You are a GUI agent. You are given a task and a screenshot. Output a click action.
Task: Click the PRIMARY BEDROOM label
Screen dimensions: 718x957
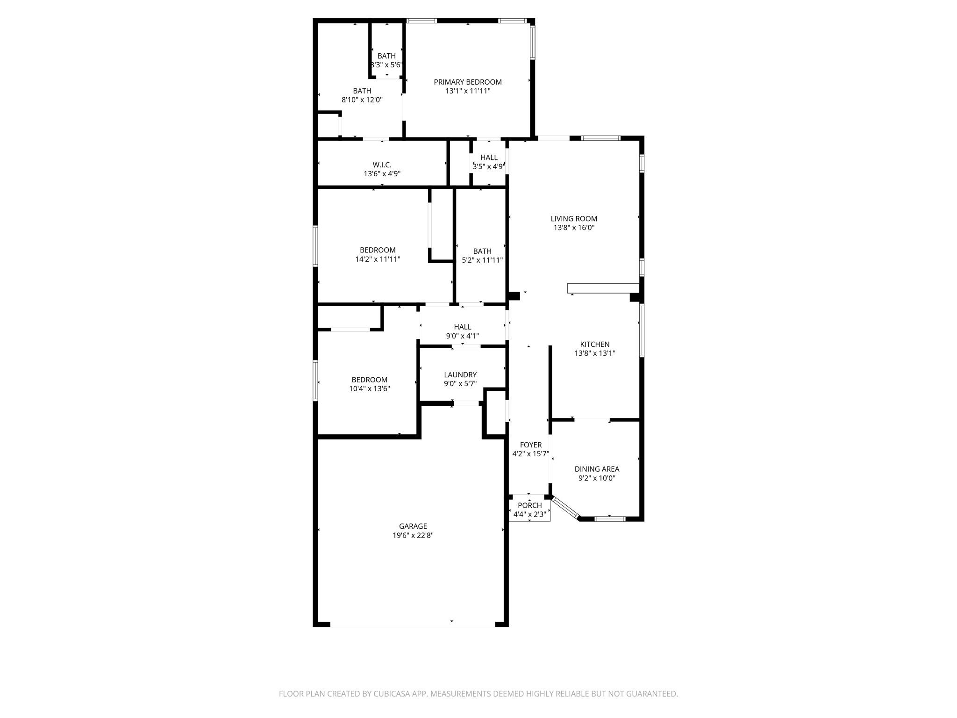click(x=467, y=82)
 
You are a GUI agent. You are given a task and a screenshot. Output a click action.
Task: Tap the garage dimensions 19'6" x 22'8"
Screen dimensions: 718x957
click(x=413, y=536)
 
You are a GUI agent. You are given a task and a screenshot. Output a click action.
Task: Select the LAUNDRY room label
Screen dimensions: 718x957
click(x=460, y=375)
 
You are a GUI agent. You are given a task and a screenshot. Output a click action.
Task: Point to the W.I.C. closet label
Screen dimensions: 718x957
click(x=382, y=165)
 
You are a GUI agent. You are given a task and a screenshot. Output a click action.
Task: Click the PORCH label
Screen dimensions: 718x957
click(x=529, y=505)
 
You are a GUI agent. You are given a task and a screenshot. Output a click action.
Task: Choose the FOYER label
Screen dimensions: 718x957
click(x=530, y=445)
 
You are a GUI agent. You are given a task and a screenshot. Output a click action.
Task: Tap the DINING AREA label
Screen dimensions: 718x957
click(x=597, y=469)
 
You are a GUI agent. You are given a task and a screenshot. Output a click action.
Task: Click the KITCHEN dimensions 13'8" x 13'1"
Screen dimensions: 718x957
click(x=594, y=354)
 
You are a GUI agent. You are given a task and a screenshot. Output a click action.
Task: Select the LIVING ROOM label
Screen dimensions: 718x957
click(x=573, y=219)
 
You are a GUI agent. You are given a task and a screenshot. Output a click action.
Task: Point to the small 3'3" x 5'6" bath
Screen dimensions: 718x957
click(x=386, y=60)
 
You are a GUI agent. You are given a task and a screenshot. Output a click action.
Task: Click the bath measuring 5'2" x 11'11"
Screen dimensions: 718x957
click(x=482, y=256)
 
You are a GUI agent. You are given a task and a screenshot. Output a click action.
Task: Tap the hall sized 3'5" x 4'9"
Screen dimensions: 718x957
click(x=488, y=162)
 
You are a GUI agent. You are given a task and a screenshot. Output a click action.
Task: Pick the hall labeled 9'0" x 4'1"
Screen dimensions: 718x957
click(x=462, y=331)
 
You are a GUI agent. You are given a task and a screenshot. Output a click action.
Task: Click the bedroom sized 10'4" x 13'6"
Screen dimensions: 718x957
click(x=369, y=384)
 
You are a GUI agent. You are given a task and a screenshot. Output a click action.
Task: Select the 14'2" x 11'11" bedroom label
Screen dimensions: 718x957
click(x=378, y=255)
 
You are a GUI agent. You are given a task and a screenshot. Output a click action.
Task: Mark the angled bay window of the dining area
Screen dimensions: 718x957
click(x=565, y=508)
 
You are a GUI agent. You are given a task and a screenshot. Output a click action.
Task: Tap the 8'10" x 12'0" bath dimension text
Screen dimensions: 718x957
click(x=362, y=100)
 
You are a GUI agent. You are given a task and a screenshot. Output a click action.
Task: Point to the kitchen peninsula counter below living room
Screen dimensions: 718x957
click(x=603, y=288)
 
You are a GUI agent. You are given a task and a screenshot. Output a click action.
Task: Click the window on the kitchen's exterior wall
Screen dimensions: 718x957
click(x=642, y=330)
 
